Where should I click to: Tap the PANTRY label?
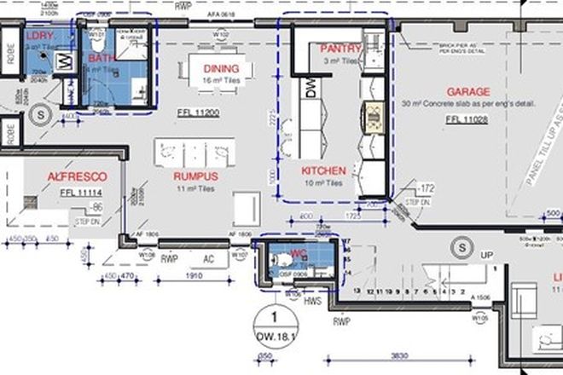click(x=341, y=49)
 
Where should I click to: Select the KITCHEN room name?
click(x=323, y=170)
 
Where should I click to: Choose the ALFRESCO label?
click(x=78, y=176)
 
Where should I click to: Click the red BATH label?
click(x=99, y=57)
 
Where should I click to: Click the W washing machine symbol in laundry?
click(x=62, y=61)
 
